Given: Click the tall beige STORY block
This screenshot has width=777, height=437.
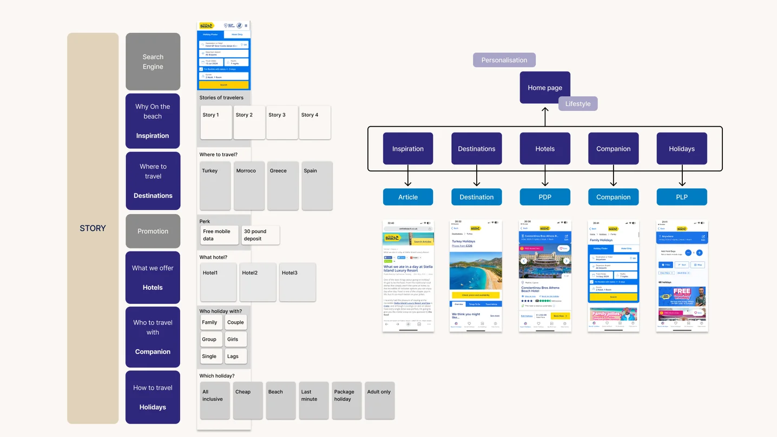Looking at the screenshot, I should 93,228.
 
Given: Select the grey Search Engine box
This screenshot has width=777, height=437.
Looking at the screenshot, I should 153,62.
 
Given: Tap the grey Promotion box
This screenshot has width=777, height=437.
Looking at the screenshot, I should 153,231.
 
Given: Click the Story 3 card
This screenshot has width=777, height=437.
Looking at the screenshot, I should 282,122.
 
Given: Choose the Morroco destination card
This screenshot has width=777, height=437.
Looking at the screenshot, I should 249,186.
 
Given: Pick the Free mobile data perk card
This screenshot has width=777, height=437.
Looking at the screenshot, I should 219,235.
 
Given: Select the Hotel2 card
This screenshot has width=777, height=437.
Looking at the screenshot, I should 258,282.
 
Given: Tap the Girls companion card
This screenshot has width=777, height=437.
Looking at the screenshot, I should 235,339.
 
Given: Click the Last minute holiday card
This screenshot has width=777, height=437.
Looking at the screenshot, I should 313,400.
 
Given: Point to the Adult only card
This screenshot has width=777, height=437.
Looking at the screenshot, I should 379,400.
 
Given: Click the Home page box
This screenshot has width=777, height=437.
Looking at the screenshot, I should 545,88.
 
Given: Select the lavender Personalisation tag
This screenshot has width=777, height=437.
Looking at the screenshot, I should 504,60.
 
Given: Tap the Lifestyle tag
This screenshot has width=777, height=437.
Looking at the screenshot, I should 578,104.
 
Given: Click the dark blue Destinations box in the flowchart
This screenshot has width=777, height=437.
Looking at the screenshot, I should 476,149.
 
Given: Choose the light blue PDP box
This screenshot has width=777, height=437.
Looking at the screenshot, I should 545,197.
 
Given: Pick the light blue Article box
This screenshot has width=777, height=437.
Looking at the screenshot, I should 408,197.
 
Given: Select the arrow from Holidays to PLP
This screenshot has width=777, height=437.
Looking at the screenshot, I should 682,176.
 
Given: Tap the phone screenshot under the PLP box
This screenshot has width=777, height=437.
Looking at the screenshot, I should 682,276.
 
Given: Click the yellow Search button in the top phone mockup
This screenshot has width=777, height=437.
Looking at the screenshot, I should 223,85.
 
